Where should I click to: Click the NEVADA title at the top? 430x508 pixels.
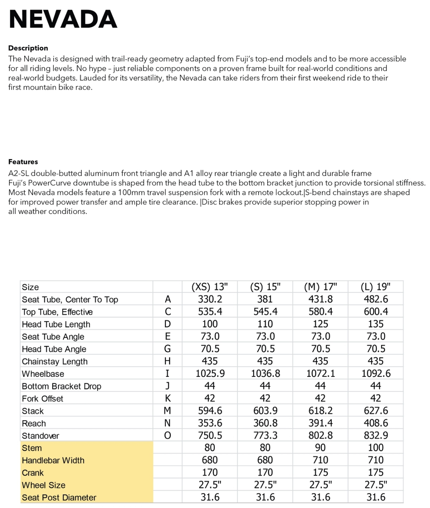click(63, 19)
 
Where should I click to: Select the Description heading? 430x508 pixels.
click(28, 48)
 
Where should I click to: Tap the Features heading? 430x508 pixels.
click(23, 162)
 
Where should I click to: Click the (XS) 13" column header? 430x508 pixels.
click(210, 287)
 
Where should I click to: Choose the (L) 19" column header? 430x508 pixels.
click(375, 287)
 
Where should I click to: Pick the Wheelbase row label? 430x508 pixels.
click(43, 374)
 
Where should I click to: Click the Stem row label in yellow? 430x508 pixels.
click(32, 448)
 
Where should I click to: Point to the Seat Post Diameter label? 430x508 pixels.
click(59, 498)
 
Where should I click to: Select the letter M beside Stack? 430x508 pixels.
click(167, 411)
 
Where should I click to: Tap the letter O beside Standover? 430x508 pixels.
click(167, 436)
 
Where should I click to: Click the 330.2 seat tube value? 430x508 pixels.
click(210, 299)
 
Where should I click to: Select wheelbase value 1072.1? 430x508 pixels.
click(321, 374)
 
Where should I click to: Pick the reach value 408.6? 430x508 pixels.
click(375, 423)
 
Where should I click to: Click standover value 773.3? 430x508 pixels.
click(265, 436)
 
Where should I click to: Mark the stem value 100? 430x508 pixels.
click(375, 448)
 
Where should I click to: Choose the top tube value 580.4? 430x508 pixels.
click(321, 312)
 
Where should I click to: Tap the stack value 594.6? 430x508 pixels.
click(210, 411)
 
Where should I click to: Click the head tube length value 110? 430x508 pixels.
click(265, 324)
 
